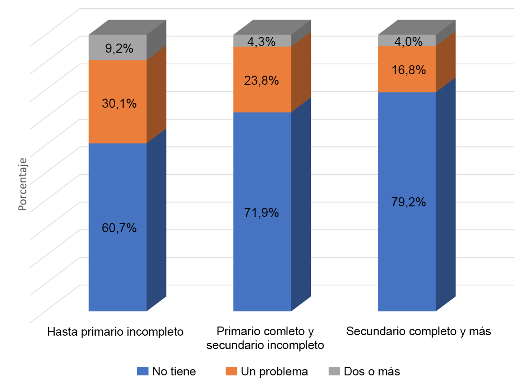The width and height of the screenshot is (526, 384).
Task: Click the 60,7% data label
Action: pyautogui.click(x=119, y=228)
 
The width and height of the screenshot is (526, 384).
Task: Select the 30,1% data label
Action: pyautogui.click(x=119, y=103)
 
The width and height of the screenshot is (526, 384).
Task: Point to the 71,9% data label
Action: pyautogui.click(x=262, y=213)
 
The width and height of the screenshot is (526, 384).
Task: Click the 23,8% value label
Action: pyautogui.click(x=262, y=80)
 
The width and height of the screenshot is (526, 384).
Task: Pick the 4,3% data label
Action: pyautogui.click(x=262, y=42)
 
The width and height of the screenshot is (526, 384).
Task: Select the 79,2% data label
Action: pyautogui.click(x=408, y=202)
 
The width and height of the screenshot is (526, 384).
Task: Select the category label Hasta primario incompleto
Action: pyautogui.click(x=116, y=331)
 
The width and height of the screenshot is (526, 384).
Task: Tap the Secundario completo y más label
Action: pyautogui.click(x=419, y=331)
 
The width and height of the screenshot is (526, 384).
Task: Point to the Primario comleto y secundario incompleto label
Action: pyautogui.click(x=265, y=338)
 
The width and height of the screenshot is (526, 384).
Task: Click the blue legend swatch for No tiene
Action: pyautogui.click(x=143, y=371)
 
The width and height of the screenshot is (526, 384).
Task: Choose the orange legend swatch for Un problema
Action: pyautogui.click(x=231, y=371)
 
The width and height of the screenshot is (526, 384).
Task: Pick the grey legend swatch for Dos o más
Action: pyautogui.click(x=334, y=371)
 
